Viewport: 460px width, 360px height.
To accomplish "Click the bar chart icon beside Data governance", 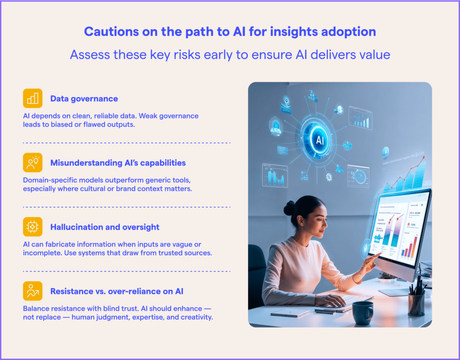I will click(x=32, y=98).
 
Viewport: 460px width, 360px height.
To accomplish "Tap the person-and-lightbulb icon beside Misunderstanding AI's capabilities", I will click(x=32, y=162).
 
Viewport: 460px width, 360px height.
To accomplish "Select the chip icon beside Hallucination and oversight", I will click(x=32, y=227).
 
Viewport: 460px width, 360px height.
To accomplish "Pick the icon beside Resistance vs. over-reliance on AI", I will click(x=32, y=291).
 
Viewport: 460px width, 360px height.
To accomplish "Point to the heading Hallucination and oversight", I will click(x=105, y=227).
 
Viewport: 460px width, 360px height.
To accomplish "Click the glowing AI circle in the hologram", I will click(x=320, y=140).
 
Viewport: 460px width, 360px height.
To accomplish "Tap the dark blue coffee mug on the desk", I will click(x=363, y=312).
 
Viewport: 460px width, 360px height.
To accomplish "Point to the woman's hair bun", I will click(x=290, y=207).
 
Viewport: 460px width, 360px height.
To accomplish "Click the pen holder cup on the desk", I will click(x=417, y=303).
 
